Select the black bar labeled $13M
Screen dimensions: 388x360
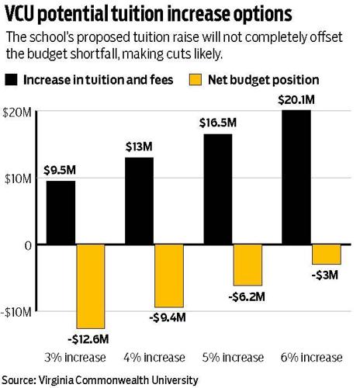pos(138,201)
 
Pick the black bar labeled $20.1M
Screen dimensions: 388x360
pos(296,177)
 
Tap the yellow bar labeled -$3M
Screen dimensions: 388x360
pos(327,255)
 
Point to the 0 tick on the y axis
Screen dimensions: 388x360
pos(25,245)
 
